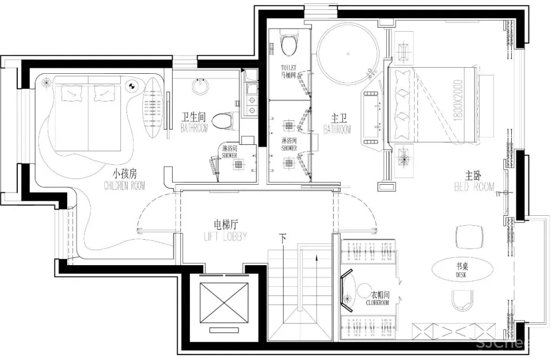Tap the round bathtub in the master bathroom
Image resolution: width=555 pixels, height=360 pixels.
coord(348,53)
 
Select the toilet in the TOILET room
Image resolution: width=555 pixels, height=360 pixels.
coord(288,45)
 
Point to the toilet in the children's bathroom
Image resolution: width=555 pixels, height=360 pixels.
coord(225,119)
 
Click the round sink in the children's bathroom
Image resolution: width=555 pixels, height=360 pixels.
coord(200,87)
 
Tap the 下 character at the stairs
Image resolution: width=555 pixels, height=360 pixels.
coord(284,239)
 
